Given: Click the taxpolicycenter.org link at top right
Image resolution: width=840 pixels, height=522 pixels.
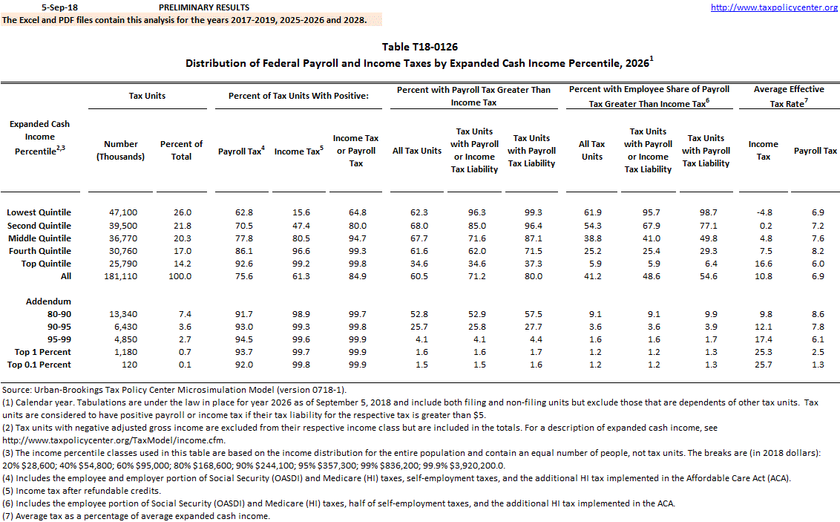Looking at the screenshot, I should coord(774,7).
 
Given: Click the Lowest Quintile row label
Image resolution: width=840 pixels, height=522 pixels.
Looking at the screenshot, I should coord(39,212).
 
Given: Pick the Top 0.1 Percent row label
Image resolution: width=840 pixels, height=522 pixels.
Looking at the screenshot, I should coord(39,365).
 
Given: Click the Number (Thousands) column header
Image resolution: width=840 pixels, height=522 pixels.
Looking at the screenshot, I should coord(121,151).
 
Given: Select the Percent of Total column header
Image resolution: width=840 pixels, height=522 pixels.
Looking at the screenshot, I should coord(181,151).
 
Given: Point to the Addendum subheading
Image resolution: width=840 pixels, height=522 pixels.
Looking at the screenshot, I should coord(48,301).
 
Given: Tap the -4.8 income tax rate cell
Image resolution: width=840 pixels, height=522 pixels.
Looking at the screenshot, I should coord(764,212).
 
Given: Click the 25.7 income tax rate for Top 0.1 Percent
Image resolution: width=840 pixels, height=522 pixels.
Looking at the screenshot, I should coord(764,365).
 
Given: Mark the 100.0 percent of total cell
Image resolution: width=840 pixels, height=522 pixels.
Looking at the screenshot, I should coord(181,276).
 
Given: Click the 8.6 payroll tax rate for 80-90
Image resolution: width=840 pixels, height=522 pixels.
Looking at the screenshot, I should coord(815,314).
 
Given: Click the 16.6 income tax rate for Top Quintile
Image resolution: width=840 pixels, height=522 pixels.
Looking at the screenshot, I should coord(764,264).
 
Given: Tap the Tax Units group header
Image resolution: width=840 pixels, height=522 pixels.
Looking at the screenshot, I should coord(147,96).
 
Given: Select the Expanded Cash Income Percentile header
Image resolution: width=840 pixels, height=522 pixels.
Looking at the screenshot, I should coord(39,137).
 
